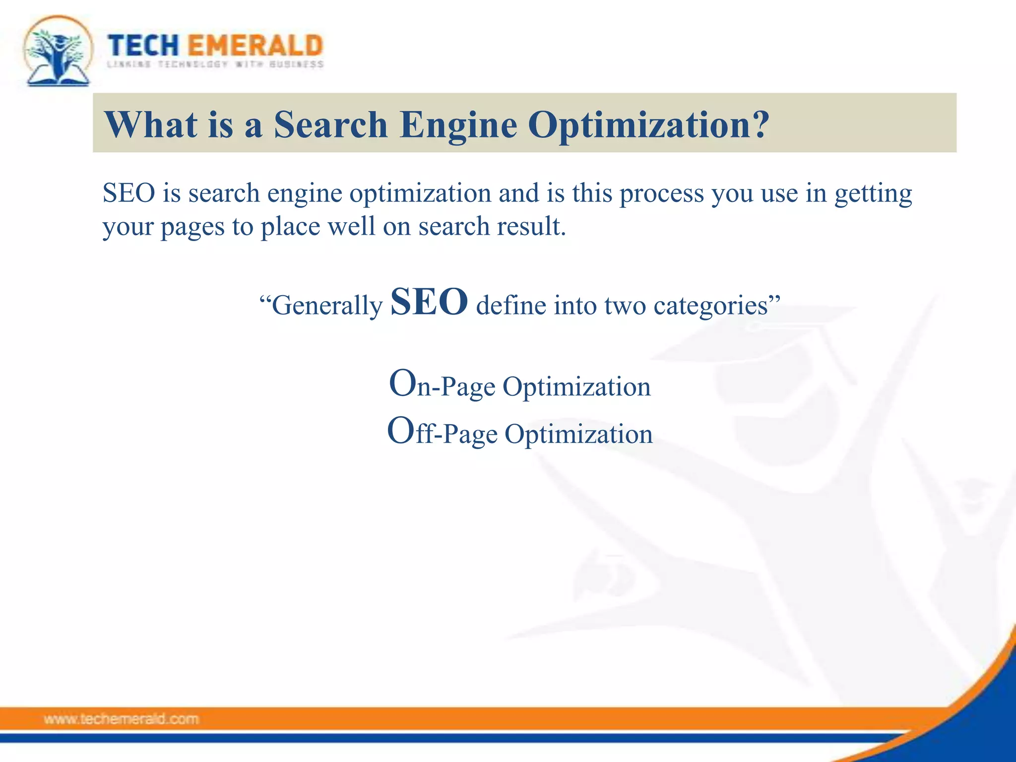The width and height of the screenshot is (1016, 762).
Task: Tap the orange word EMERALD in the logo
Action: tap(256, 46)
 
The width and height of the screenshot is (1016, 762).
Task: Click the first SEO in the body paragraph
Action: tap(129, 193)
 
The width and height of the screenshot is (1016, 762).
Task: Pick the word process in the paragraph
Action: tap(662, 194)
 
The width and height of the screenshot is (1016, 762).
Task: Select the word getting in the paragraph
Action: tap(873, 194)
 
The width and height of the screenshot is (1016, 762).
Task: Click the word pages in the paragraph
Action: tap(192, 227)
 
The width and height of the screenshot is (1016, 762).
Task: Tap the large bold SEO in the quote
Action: tap(429, 302)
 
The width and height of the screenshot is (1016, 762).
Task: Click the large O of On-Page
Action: tap(402, 383)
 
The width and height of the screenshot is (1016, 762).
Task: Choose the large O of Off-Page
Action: tap(401, 431)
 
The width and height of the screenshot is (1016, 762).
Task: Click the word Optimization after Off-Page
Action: tap(578, 435)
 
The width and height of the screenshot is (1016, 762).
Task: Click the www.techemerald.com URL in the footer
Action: tap(121, 719)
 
